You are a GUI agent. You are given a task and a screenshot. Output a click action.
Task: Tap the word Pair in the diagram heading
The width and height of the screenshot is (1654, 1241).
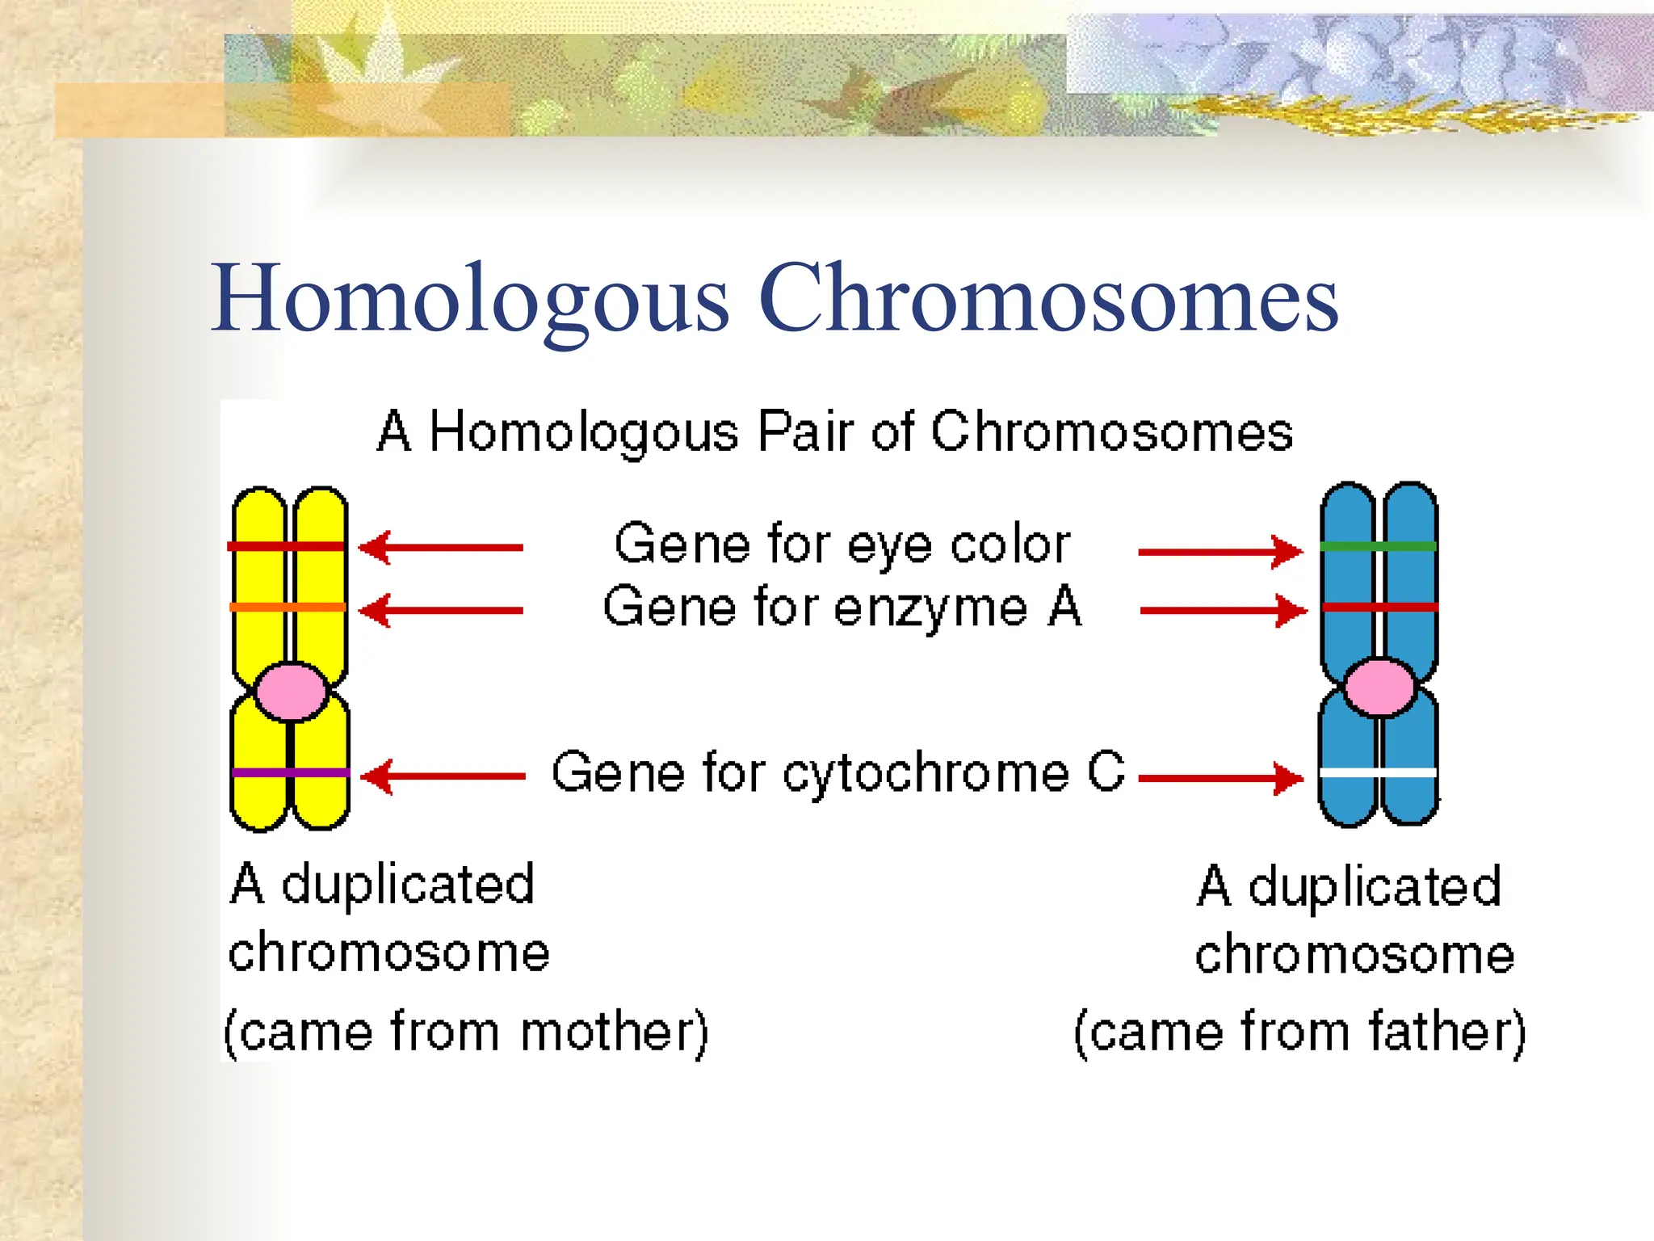(804, 431)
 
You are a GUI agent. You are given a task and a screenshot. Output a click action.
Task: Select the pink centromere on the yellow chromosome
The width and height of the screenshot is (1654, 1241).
(291, 692)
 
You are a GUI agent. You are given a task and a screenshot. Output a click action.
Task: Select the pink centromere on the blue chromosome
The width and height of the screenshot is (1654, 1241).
(1380, 688)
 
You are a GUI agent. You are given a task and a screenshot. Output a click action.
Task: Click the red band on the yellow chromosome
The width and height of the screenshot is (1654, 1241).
(288, 547)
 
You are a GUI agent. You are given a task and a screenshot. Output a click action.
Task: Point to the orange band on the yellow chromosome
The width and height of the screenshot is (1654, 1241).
(288, 607)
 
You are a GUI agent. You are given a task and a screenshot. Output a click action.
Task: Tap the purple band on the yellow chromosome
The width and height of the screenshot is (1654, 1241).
(289, 773)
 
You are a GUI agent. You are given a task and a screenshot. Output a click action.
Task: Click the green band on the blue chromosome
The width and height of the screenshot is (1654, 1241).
(1379, 547)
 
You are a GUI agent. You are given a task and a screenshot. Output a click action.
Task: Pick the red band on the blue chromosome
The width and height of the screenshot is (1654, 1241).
(1379, 607)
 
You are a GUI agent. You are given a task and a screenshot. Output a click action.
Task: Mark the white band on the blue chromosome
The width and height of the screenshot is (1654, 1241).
(1378, 773)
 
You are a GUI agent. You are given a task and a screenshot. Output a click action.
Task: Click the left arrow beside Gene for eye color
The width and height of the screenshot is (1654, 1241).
(441, 548)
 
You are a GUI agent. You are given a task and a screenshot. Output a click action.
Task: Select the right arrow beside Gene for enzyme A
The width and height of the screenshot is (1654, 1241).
(1223, 611)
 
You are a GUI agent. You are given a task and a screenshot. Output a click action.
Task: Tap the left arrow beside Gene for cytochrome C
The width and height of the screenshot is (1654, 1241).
(443, 776)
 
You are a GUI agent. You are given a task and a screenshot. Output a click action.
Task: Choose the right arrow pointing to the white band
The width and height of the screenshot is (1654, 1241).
(1220, 779)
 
